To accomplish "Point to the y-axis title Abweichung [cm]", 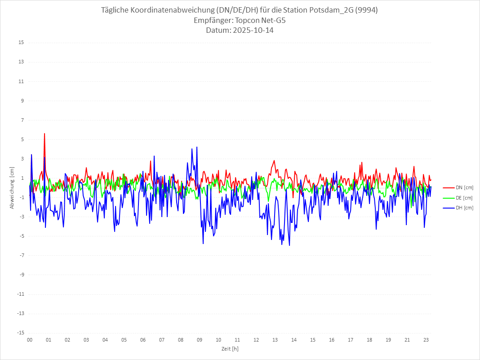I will [x=12, y=187].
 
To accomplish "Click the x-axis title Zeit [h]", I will [x=230, y=349].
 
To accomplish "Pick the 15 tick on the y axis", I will [x=21, y=43].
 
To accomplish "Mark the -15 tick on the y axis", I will [x=20, y=333].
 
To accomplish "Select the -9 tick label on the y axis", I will [x=21, y=275].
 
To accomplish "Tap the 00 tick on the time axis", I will [x=30, y=340].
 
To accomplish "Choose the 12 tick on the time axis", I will [x=256, y=340].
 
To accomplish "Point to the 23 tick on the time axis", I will [x=426, y=340].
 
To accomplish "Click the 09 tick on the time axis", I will [x=200, y=340].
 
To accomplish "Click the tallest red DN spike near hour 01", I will [x=44, y=133].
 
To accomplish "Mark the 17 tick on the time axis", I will [x=351, y=340].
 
